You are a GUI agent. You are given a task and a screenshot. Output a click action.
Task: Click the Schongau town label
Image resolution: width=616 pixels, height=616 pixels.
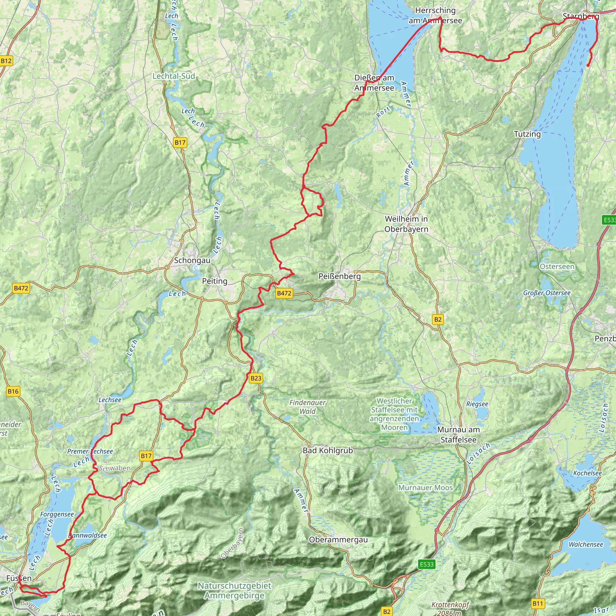[192, 260]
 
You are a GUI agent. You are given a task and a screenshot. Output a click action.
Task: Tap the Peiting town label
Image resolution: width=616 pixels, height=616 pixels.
[214, 281]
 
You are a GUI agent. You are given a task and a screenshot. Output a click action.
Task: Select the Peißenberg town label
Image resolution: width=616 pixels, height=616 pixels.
[340, 276]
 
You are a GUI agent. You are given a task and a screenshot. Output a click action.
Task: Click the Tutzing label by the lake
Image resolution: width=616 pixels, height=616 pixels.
[527, 134]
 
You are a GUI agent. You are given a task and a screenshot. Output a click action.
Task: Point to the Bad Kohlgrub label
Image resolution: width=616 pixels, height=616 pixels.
[328, 451]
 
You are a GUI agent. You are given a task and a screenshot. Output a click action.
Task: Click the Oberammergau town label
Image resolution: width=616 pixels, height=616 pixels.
[338, 540]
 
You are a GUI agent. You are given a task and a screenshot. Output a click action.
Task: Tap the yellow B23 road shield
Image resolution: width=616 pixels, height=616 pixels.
[256, 378]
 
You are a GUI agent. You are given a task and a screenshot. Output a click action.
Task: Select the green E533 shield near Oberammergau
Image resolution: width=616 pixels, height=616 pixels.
[427, 564]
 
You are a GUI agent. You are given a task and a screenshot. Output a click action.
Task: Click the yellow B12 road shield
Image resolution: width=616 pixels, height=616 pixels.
[6, 61]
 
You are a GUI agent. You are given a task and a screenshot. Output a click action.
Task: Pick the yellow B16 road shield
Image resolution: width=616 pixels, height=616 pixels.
[13, 391]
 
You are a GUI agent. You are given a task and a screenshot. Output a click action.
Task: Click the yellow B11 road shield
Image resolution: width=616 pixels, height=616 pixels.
[537, 603]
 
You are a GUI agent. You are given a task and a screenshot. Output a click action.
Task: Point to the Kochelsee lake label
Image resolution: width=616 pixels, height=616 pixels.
[587, 473]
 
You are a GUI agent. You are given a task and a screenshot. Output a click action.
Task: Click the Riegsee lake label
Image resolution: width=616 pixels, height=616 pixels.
[477, 404]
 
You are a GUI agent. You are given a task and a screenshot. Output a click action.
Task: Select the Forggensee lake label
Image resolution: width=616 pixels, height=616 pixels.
[57, 514]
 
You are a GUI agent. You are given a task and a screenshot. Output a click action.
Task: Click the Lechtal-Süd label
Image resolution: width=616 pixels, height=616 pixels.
[174, 76]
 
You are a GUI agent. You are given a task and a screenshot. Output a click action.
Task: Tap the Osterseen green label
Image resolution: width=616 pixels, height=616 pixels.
[557, 266]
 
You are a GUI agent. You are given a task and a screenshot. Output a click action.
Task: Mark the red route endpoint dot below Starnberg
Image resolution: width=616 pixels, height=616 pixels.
[588, 65]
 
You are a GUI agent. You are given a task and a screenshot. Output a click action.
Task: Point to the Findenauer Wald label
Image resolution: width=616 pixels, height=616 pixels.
[307, 407]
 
